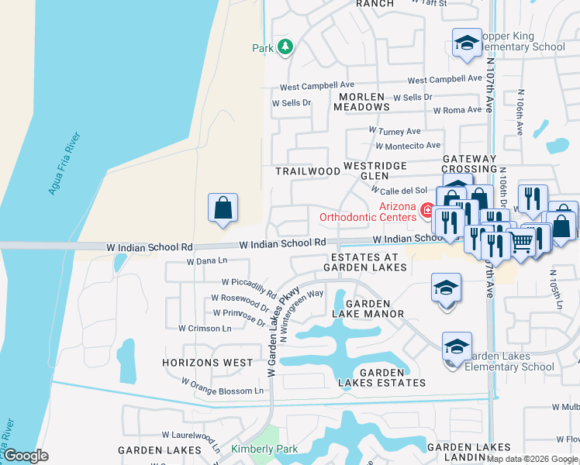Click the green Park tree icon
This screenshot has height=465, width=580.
point(285,47)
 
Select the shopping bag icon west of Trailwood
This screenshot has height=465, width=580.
point(223,208)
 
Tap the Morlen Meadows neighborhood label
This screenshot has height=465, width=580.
point(363,102)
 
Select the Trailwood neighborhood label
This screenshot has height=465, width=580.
point(308,170)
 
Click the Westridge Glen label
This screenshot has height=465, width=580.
point(375,170)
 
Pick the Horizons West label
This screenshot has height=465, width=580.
point(207,363)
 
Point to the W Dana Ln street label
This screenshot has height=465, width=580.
point(207,262)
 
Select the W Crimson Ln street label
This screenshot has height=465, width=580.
point(205,329)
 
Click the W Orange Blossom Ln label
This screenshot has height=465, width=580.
point(223,386)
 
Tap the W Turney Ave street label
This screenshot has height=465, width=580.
point(395,132)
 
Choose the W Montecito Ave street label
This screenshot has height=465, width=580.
point(408,146)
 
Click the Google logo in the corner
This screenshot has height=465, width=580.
point(26,456)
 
